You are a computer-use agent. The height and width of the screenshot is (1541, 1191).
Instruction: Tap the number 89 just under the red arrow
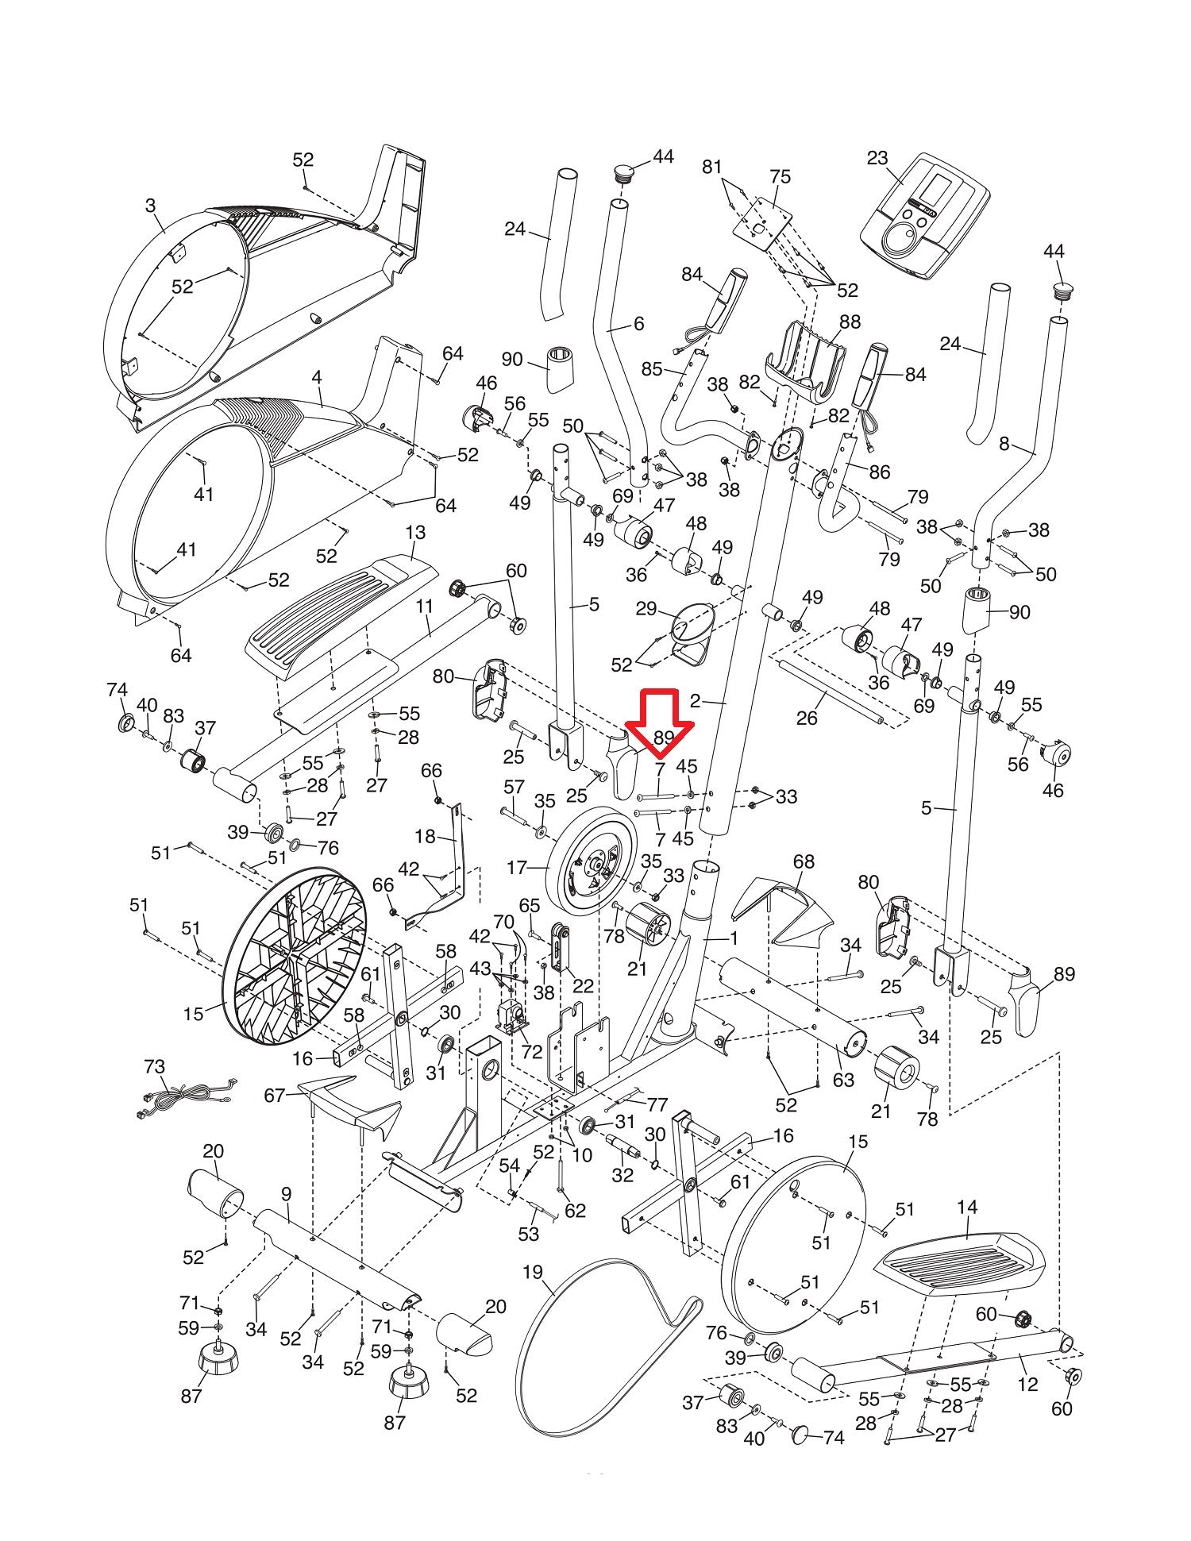coord(664,738)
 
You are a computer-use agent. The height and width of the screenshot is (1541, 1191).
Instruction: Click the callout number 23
coord(877,158)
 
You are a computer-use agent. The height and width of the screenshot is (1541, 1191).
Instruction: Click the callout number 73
coord(155,1065)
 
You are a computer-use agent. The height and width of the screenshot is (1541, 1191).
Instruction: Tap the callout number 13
coord(415,532)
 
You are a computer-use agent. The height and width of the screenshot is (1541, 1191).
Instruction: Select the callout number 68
coord(804,861)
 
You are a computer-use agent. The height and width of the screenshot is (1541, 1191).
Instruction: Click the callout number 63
coord(843,1080)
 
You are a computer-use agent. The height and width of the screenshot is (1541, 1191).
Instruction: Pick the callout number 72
coord(531,1052)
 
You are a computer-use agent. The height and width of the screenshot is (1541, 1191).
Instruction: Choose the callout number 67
coord(275,1096)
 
